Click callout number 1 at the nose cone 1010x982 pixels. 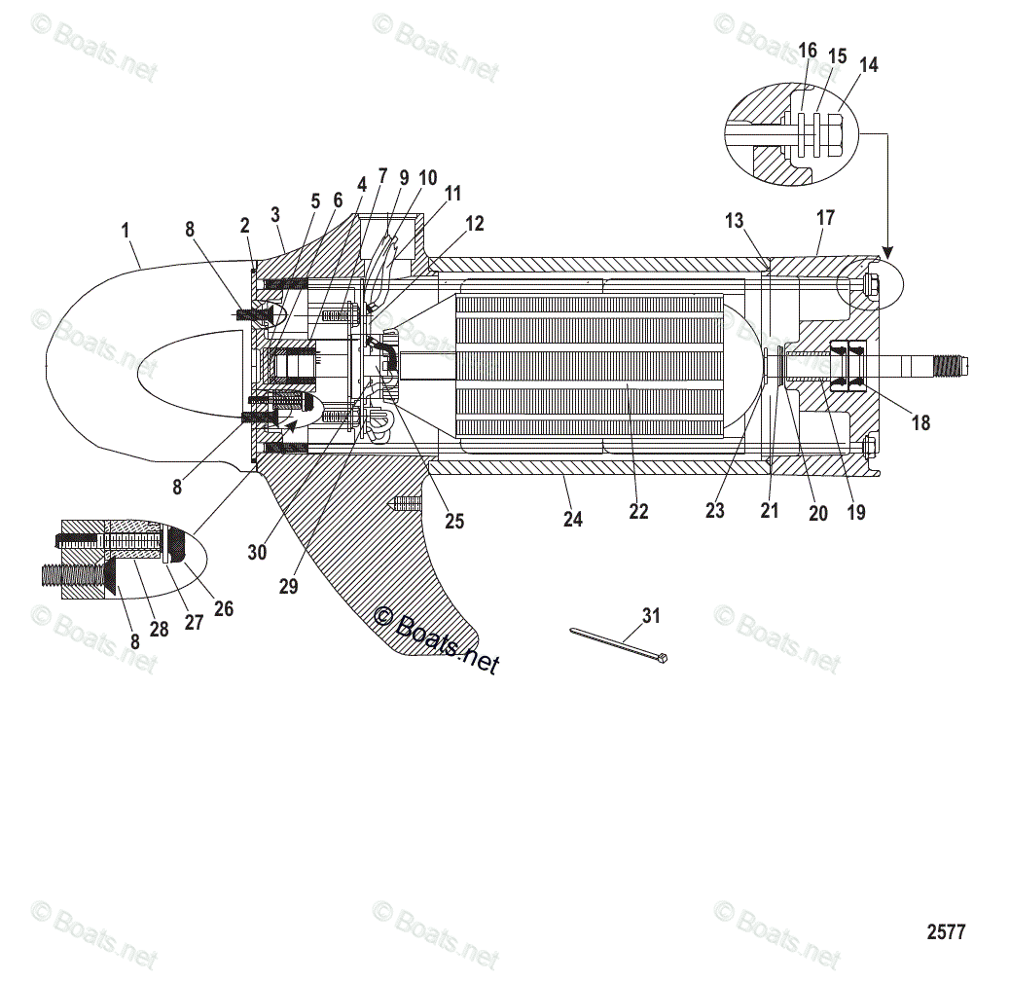coord(126,231)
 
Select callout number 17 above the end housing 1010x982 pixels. coord(825,218)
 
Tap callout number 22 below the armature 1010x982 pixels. coord(638,511)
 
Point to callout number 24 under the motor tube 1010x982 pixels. coord(573,520)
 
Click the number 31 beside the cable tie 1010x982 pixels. coord(651,615)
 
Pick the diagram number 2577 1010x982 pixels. coord(945,931)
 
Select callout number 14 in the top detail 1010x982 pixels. coord(869,64)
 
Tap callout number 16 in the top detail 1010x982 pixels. coord(808,50)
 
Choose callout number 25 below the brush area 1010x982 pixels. coord(454,521)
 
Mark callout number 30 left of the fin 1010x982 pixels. coord(257,552)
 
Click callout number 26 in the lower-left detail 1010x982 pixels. coord(224,609)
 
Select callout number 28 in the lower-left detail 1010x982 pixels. coord(159,629)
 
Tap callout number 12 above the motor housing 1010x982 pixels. coord(474,223)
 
